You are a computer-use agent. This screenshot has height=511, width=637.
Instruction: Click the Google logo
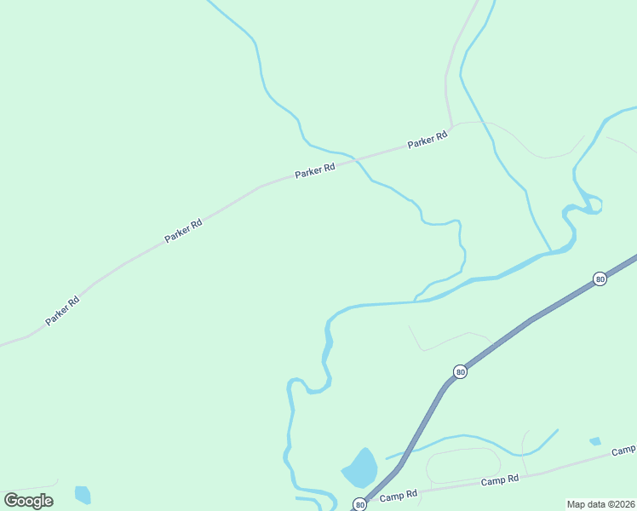28,500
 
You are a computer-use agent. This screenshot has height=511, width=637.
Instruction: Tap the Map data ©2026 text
601,504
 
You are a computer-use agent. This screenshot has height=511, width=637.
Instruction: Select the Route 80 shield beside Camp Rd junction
360,504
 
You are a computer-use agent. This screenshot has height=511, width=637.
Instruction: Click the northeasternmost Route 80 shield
600,278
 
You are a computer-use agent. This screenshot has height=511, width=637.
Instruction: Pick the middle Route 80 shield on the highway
460,372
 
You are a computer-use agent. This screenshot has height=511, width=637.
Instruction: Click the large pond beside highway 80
360,468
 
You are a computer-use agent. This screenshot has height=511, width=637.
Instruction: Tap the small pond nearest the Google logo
83,494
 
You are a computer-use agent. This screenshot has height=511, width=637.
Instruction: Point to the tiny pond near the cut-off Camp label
594,441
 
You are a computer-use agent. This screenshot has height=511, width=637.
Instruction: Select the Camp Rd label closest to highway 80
399,495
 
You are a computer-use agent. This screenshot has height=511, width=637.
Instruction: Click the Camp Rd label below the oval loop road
499,480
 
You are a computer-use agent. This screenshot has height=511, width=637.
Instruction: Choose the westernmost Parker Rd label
62,310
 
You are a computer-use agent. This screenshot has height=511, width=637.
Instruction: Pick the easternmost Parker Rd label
427,140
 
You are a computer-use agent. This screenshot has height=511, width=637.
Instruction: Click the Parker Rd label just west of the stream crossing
314,170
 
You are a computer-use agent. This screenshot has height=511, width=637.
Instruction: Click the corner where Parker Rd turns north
452,125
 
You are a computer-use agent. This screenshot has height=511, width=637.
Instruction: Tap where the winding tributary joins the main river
415,301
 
